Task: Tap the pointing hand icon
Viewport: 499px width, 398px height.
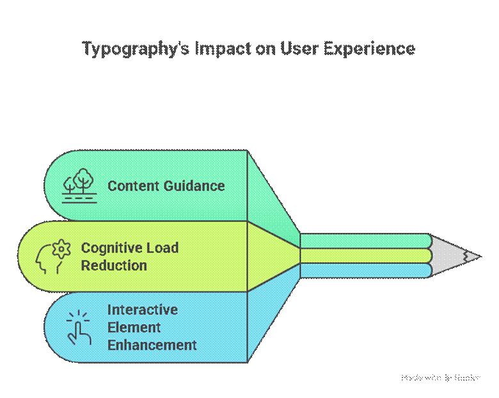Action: pos(79,328)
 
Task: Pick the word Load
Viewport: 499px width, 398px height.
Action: pos(164,248)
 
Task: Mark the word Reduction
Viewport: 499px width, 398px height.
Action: pos(114,265)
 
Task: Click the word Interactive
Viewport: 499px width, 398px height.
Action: pos(143,310)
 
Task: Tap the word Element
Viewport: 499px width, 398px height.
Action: pos(134,327)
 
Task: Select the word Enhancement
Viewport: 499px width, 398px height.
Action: pos(152,345)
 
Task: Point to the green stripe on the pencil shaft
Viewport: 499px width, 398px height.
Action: pos(365,241)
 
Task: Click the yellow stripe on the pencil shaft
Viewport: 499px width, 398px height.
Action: pos(365,256)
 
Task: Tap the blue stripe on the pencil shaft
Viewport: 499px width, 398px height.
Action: pos(365,271)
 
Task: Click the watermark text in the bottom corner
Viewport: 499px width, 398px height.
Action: pos(441,378)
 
